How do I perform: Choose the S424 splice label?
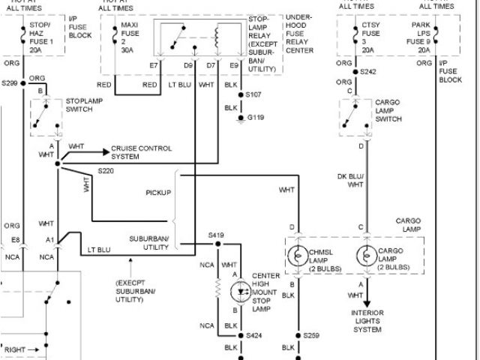click(x=256, y=336)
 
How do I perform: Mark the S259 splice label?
click(x=311, y=336)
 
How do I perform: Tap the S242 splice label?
click(x=367, y=71)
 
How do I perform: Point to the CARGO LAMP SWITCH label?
click(x=388, y=109)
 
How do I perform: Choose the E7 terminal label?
click(x=154, y=66)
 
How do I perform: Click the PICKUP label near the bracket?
click(x=158, y=193)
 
